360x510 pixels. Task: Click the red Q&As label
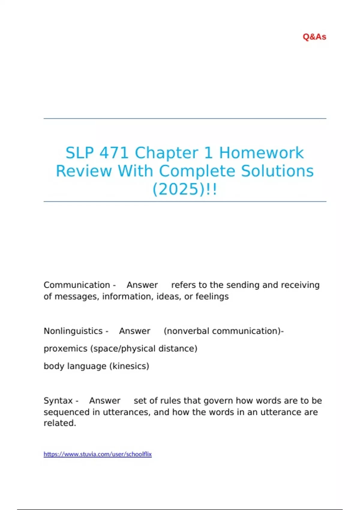click(314, 37)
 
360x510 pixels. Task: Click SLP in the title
click(79, 153)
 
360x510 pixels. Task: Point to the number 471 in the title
click(114, 153)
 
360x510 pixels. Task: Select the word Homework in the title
click(261, 153)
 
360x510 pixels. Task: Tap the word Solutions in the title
click(277, 171)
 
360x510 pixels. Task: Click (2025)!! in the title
click(184, 189)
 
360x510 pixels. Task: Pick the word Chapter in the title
click(166, 153)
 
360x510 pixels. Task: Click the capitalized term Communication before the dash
click(77, 285)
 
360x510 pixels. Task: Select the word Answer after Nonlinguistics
click(134, 331)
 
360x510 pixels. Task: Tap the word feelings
click(212, 296)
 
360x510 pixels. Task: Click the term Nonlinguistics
click(73, 331)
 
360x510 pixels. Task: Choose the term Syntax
click(58, 400)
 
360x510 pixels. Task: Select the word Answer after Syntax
click(105, 400)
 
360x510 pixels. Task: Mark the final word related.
click(60, 423)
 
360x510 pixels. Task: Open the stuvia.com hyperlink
click(97, 454)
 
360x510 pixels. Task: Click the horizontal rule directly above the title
click(185, 118)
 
